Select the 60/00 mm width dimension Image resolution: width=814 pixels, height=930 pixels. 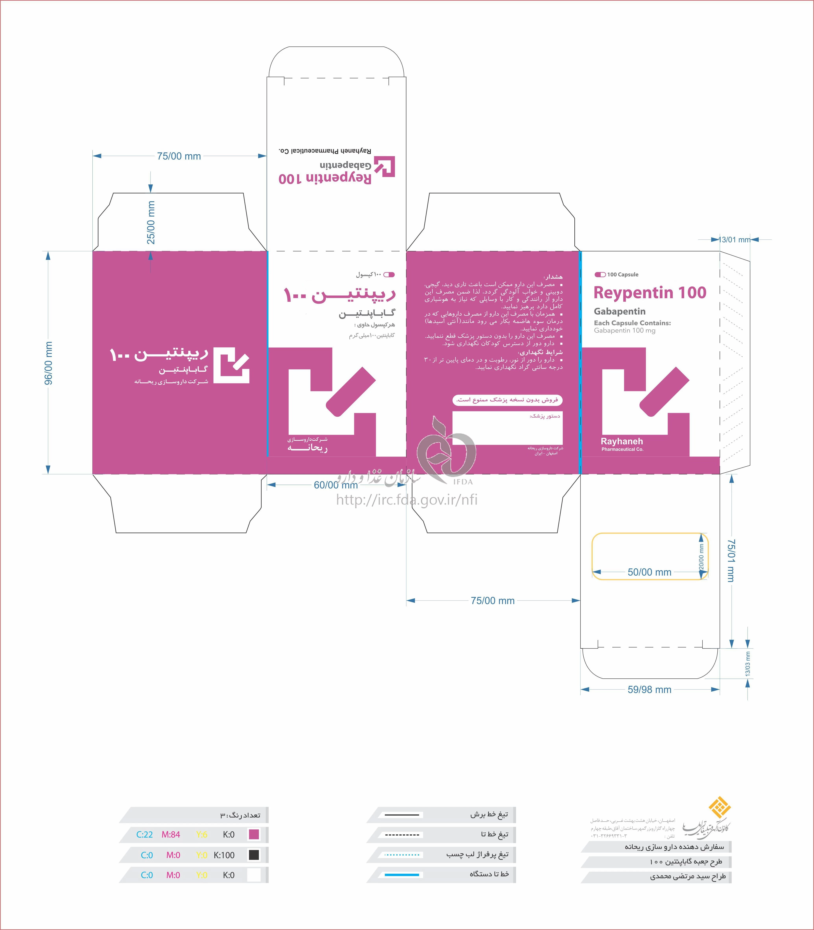(336, 485)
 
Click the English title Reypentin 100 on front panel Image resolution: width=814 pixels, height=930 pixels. (650, 293)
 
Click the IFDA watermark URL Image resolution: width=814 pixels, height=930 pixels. (407, 500)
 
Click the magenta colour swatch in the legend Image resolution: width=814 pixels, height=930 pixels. (254, 834)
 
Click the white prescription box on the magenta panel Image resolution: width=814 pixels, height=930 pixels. (507, 428)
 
